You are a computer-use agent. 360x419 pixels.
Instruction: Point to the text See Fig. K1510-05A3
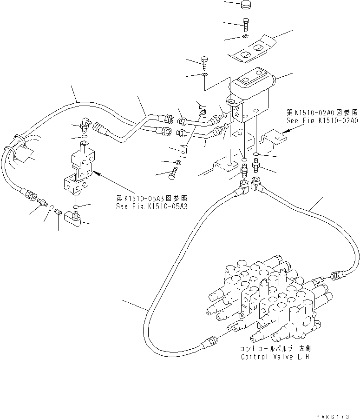[x=151, y=206]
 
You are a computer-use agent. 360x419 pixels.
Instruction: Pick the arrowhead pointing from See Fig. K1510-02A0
[x=284, y=132]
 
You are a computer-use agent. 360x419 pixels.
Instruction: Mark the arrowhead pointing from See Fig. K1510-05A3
[x=96, y=173]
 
